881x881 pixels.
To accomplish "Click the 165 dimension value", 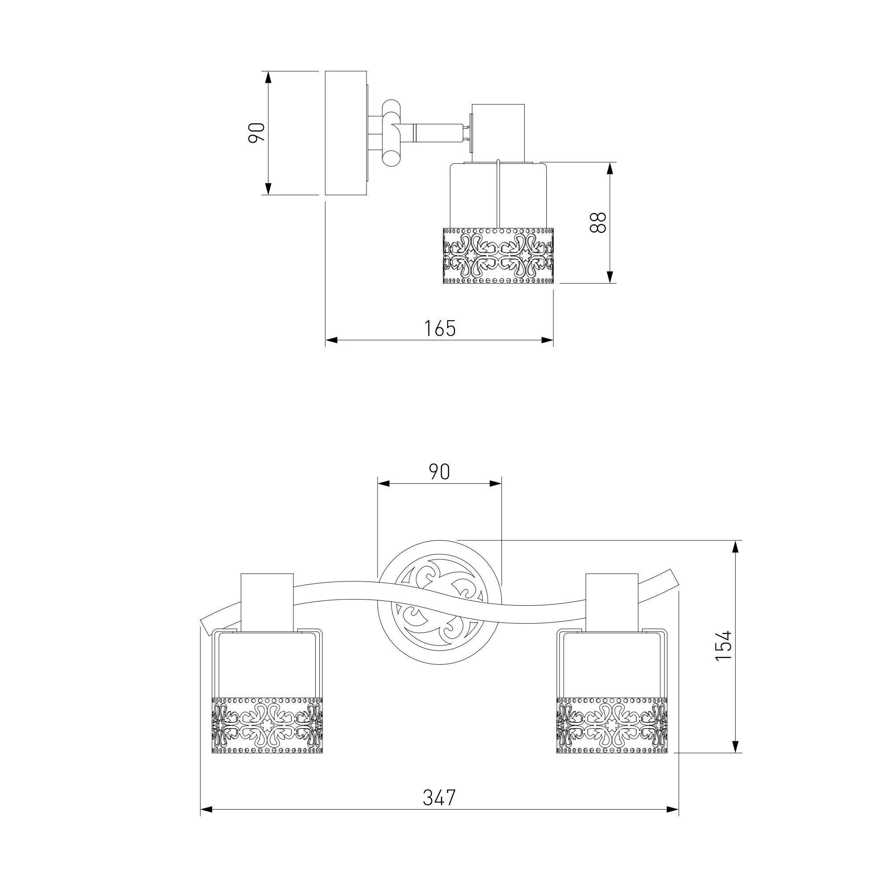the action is pos(440,328).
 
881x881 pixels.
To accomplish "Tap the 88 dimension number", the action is pos(598,222).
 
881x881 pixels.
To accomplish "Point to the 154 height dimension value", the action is pos(723,645).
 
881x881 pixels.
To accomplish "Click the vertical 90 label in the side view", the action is pos(256,133).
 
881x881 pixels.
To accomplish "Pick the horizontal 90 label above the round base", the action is pos(439,472).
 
